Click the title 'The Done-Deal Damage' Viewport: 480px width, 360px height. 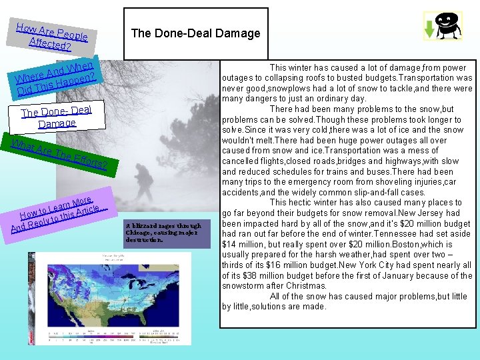point(195,33)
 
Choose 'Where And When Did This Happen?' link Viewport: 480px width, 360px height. point(57,77)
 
